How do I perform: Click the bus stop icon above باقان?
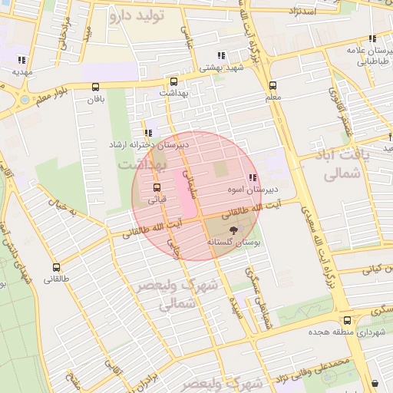click(x=95, y=88)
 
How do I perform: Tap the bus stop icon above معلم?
click(x=272, y=86)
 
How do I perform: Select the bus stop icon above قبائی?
click(x=157, y=187)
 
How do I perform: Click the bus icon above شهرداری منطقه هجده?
click(x=347, y=320)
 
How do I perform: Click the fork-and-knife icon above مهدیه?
click(x=21, y=60)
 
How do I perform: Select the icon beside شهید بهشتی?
click(x=221, y=55)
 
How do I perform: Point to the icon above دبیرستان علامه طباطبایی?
click(x=372, y=38)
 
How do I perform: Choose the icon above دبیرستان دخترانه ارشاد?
click(x=147, y=133)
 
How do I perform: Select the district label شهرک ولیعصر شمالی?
click(x=177, y=295)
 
